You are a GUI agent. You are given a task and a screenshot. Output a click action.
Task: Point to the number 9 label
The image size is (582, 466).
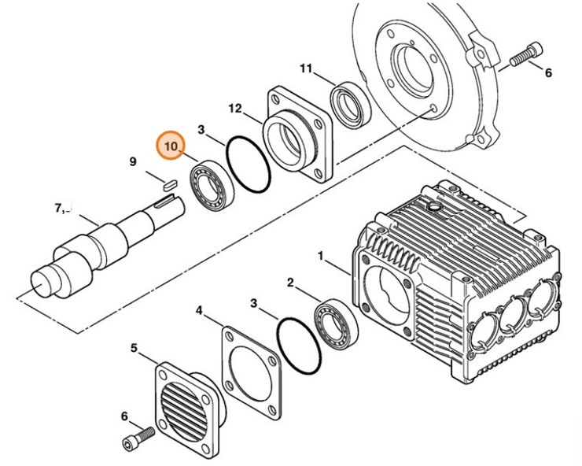pos(133,162)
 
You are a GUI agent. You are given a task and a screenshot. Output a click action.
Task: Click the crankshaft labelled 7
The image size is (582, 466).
pos(102,244)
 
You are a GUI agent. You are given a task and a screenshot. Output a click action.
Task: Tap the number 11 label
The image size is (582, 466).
pos(306,68)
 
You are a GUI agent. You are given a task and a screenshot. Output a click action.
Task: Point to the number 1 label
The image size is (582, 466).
pos(321,256)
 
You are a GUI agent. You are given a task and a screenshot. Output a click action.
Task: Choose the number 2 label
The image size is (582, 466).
pos(290,282)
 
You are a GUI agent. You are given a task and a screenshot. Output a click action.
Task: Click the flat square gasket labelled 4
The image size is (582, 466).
pos(249,366)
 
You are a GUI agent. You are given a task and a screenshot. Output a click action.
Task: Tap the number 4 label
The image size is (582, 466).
pos(199,312)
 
